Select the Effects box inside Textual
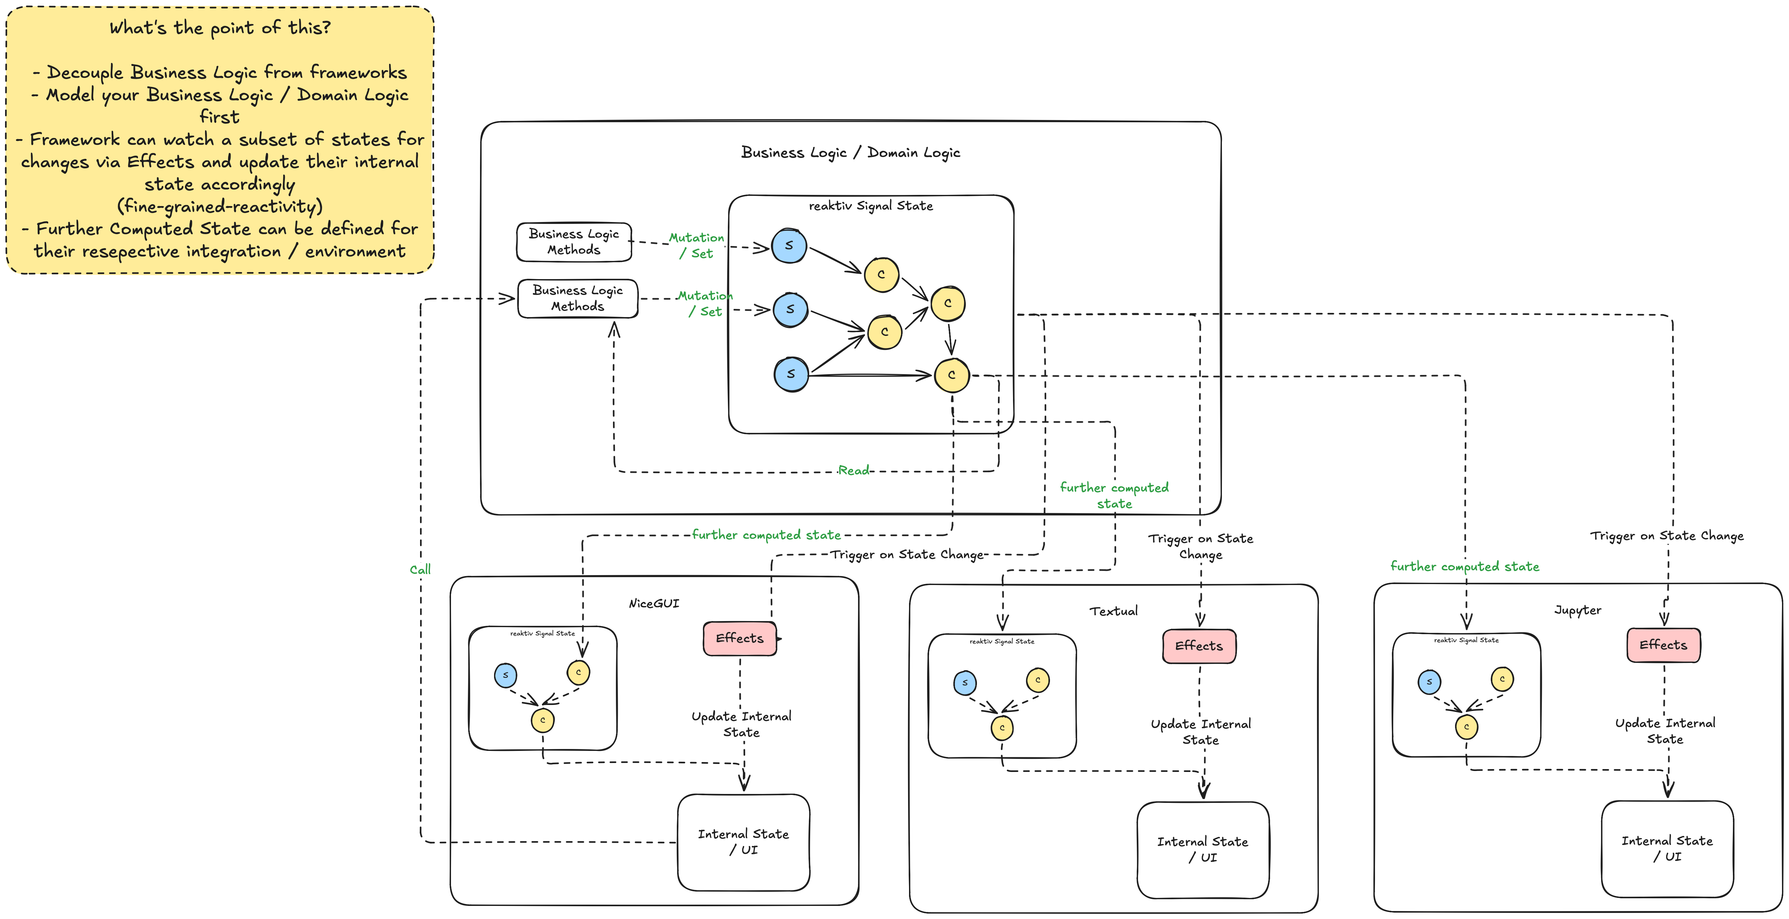coord(1199,646)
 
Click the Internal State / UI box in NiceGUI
coord(743,842)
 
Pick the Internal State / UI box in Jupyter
coord(1667,849)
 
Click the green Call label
coord(420,570)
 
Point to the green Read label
coord(853,470)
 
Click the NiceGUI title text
coord(654,604)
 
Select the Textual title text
coord(1113,611)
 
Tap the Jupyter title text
coord(1577,610)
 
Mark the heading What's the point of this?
coord(219,28)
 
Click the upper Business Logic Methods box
coord(574,242)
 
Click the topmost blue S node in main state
coord(789,245)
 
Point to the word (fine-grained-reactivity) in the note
coord(219,206)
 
